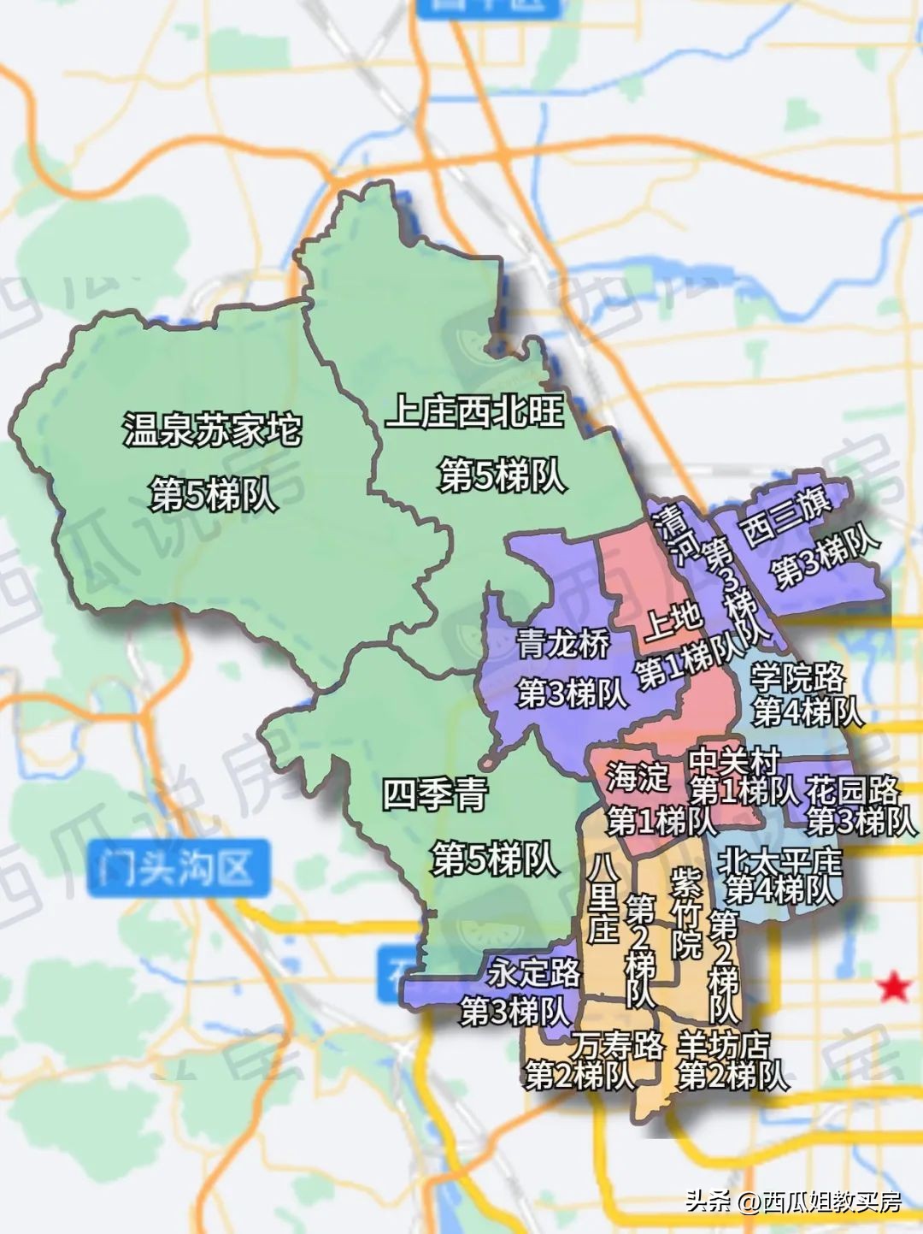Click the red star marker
pyautogui.click(x=894, y=987)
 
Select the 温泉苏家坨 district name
pyautogui.click(x=213, y=429)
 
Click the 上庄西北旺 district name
pyautogui.click(x=475, y=412)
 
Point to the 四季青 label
pyautogui.click(x=434, y=795)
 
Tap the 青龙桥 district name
pyautogui.click(x=563, y=643)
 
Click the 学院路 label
pyautogui.click(x=797, y=678)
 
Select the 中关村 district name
pyautogui.click(x=734, y=759)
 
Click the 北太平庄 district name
pyautogui.click(x=779, y=859)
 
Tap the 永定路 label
pyautogui.click(x=534, y=972)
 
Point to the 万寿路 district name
pyautogui.click(x=617, y=1044)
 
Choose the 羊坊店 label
pyautogui.click(x=723, y=1044)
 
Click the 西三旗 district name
pyautogui.click(x=786, y=518)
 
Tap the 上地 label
pyautogui.click(x=673, y=619)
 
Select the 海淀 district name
pyautogui.click(x=638, y=777)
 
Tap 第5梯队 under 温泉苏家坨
pyautogui.click(x=213, y=494)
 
